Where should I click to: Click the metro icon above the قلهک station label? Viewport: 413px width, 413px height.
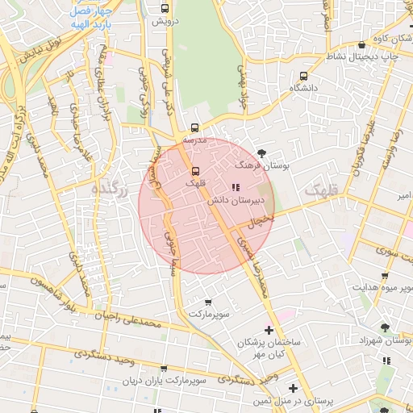[x=194, y=171]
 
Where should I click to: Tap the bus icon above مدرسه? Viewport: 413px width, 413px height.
[x=194, y=127]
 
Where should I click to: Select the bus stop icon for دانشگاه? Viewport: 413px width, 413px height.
[x=302, y=77]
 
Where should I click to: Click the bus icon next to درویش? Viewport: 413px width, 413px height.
[x=165, y=10]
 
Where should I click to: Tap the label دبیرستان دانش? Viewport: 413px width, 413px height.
[x=234, y=200]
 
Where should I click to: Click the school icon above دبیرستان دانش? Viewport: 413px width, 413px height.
[x=235, y=187]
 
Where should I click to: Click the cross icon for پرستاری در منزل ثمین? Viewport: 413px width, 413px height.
[x=292, y=388]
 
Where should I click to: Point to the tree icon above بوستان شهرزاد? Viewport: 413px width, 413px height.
[x=384, y=327]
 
